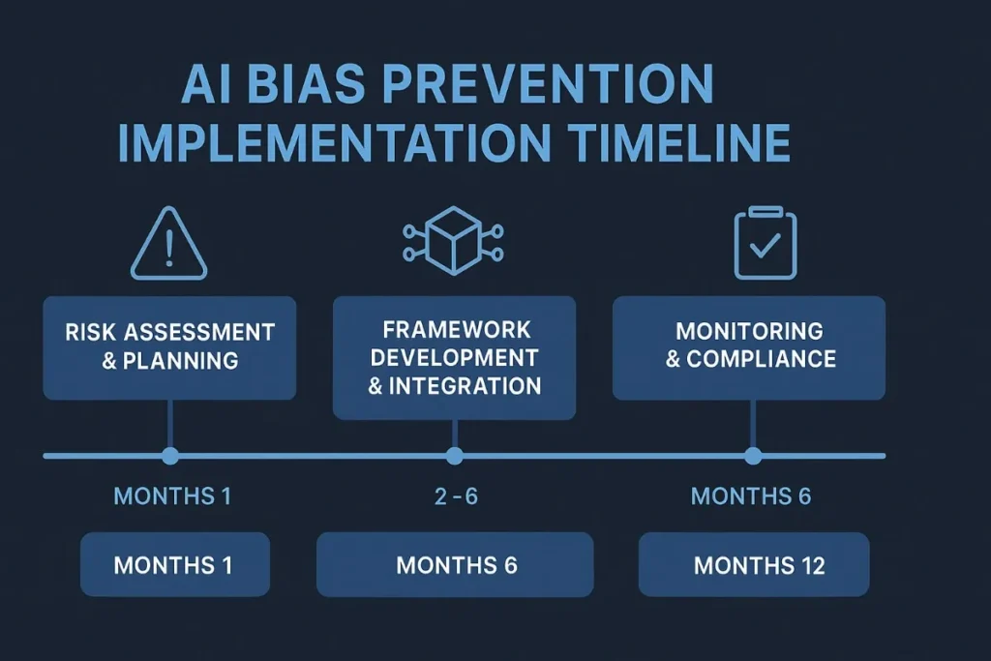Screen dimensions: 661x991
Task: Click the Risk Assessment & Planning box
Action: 169,347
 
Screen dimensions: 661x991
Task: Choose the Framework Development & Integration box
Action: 454,357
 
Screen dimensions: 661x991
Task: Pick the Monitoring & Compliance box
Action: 749,347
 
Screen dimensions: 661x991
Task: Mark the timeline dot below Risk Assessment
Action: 170,456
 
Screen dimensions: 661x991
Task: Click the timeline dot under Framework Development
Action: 454,456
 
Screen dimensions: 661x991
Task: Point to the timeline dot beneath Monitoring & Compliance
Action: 753,456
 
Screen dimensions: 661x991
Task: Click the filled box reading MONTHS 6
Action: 455,565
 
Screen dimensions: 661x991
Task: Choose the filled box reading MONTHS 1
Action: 173,565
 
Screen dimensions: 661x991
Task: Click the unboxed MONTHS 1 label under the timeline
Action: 172,497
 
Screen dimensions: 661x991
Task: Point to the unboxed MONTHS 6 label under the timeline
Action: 750,497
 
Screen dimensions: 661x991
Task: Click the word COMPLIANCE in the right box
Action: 761,359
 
